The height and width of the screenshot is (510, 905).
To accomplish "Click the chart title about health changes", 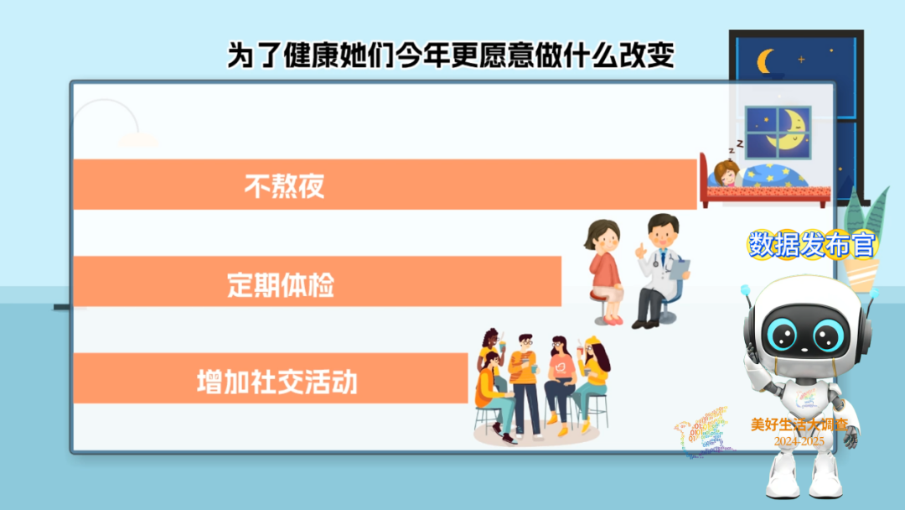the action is [x=451, y=55].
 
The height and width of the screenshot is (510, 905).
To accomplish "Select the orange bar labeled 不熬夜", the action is [x=385, y=185].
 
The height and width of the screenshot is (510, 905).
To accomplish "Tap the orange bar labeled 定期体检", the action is [x=318, y=281].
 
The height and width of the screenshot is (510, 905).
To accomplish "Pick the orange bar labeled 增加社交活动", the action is [x=271, y=378].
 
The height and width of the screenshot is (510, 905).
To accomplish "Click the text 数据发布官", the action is [x=812, y=244].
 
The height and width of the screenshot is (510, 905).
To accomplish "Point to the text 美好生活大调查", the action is [x=799, y=425].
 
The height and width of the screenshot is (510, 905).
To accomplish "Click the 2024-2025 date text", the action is [x=799, y=441].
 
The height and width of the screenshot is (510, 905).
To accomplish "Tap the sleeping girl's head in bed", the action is [x=727, y=173].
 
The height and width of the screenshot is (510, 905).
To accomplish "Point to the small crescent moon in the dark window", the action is [x=766, y=61].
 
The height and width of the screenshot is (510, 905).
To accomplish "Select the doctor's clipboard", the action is [x=680, y=269].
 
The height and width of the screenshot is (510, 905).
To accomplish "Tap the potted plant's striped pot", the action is [x=861, y=275].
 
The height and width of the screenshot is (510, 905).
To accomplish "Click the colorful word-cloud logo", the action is [x=704, y=433].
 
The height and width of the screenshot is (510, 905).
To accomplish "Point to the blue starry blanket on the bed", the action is [x=774, y=175].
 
